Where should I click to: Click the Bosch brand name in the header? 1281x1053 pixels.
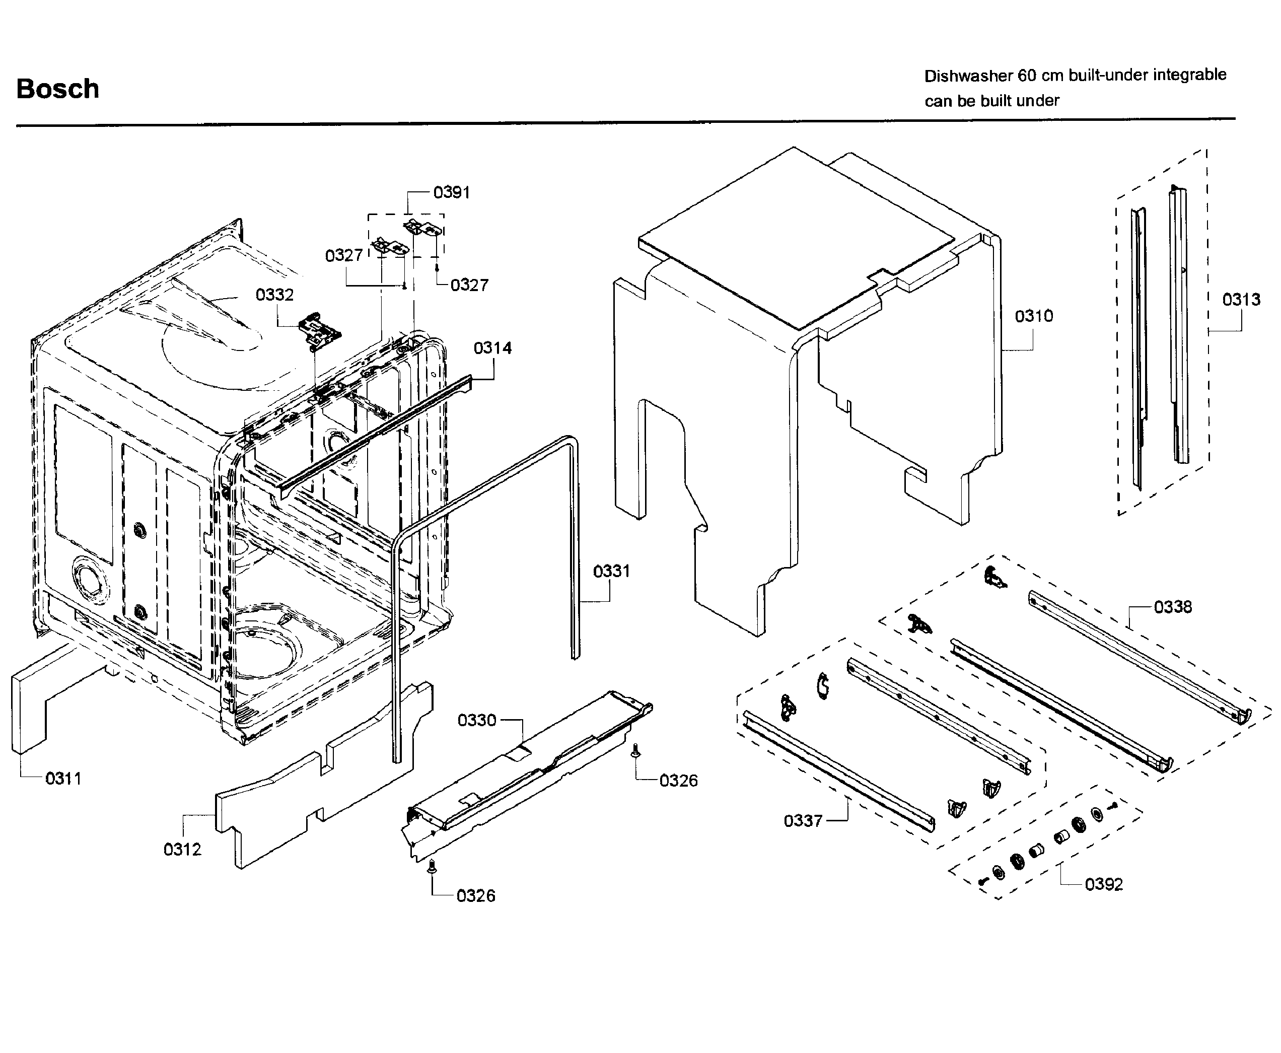(57, 89)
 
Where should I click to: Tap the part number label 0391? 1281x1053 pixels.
(451, 192)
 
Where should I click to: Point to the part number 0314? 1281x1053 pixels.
(492, 348)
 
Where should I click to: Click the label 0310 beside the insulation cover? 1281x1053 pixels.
(1034, 316)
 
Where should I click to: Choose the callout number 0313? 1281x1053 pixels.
(1240, 300)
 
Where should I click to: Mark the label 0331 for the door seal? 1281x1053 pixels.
(611, 572)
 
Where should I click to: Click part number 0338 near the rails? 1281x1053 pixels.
(1172, 607)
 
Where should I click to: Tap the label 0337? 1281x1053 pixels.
(803, 821)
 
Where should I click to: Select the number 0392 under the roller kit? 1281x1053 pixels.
(1103, 884)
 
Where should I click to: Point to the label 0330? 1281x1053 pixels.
(477, 721)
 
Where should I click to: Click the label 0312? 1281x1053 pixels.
(182, 849)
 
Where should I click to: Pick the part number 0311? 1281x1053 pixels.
(63, 778)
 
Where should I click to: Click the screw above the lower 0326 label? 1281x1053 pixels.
(432, 866)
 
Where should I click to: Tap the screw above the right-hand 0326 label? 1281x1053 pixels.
(635, 750)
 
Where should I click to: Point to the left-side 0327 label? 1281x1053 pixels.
(343, 255)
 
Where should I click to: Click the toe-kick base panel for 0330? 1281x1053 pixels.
(528, 777)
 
